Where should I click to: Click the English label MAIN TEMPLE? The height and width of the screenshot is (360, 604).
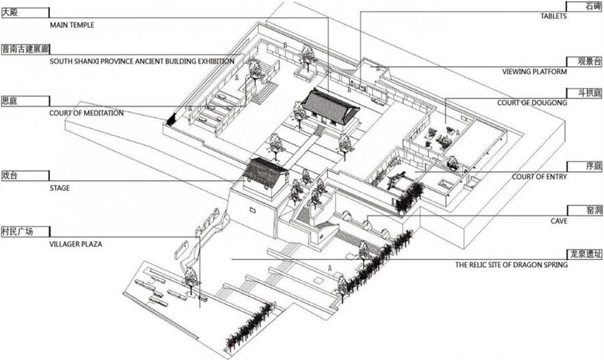point(72,25)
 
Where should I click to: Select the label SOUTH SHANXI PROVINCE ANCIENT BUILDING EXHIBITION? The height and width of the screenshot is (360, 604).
point(142,61)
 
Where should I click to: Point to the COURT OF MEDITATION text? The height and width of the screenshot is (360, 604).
point(86,113)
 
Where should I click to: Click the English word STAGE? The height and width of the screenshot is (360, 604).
point(60,188)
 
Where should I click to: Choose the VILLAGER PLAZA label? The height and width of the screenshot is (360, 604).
point(76,243)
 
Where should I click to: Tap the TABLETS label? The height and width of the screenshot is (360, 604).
point(553,16)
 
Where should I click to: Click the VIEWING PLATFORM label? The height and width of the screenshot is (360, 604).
point(534,71)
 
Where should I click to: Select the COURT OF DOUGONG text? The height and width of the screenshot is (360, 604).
point(532,103)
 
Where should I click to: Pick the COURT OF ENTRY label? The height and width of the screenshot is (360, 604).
point(539,177)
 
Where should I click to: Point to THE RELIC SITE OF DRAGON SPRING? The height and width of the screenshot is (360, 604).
point(511,265)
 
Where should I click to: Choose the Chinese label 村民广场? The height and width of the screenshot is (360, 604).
point(18,231)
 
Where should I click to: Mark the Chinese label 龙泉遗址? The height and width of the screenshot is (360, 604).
point(585,254)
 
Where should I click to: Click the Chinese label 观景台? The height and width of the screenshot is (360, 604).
point(589,61)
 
